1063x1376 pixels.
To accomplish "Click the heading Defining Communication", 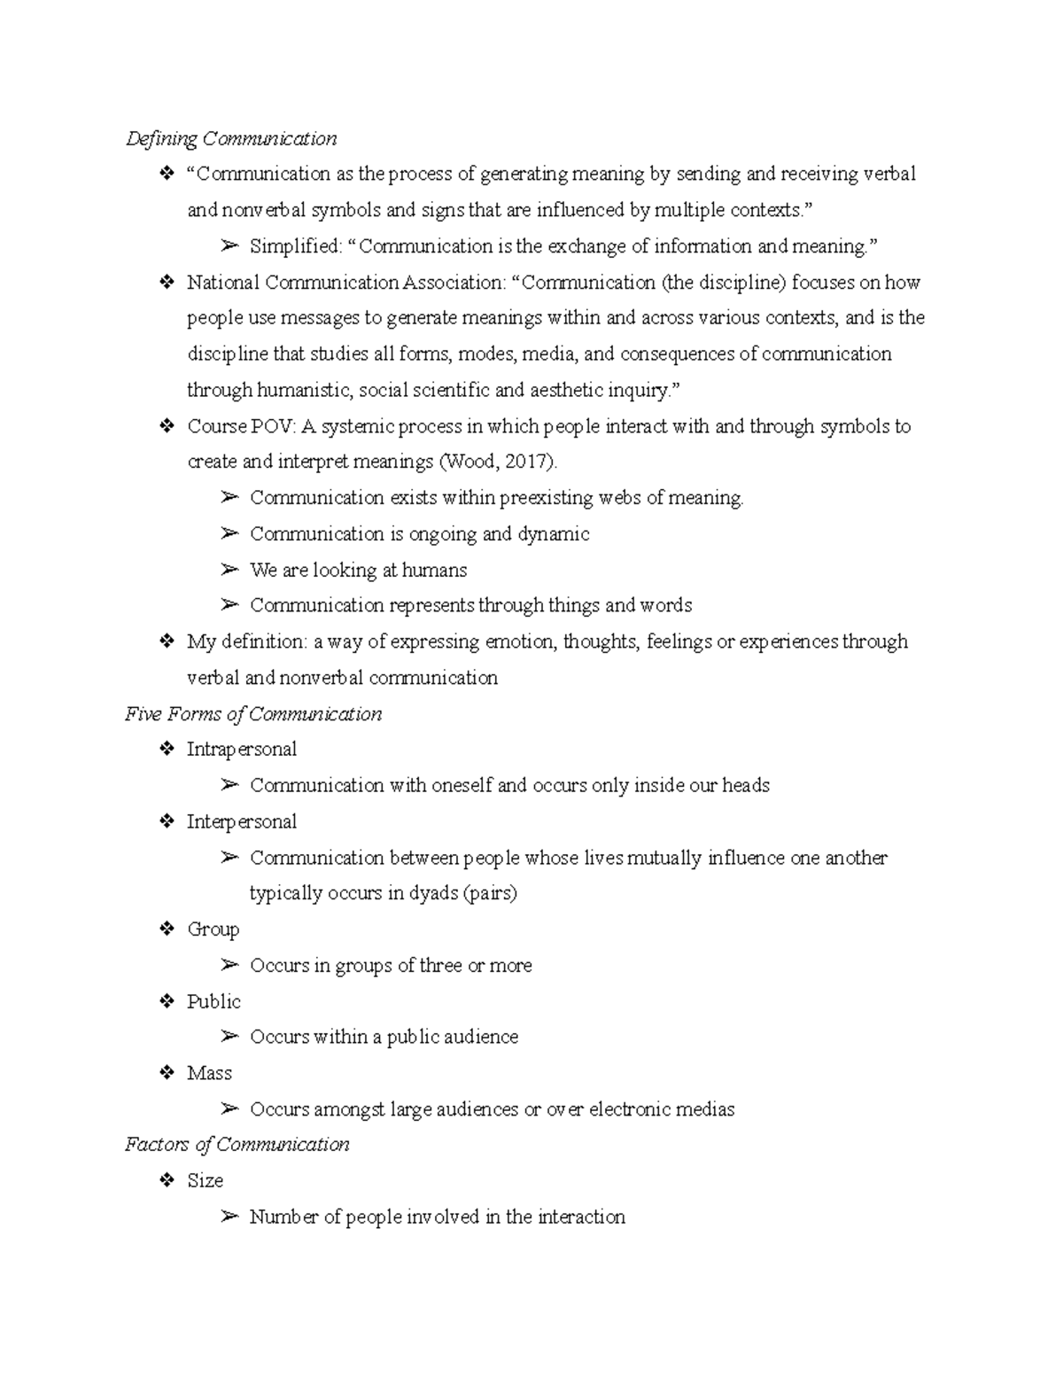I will pos(231,139).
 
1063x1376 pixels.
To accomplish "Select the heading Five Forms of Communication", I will pos(253,714).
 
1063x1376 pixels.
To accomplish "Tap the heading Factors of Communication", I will pos(237,1145).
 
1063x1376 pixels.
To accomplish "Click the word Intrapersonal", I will pos(241,750).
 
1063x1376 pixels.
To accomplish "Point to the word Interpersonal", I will pos(241,822).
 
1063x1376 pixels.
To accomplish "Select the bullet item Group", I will pos(213,929).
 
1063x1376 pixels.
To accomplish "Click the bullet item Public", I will pos(213,1002).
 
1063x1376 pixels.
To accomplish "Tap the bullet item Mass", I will pos(209,1074).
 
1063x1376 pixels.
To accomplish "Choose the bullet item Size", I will pos(205,1181).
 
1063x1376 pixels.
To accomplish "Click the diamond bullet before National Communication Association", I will pos(166,283).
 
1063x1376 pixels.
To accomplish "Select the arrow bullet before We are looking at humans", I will pos(229,570).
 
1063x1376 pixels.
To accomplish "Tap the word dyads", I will pos(433,893).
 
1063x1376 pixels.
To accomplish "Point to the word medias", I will pos(705,1109).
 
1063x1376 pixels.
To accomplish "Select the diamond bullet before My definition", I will pos(166,641).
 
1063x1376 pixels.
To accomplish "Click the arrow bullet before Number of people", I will pos(229,1217).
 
